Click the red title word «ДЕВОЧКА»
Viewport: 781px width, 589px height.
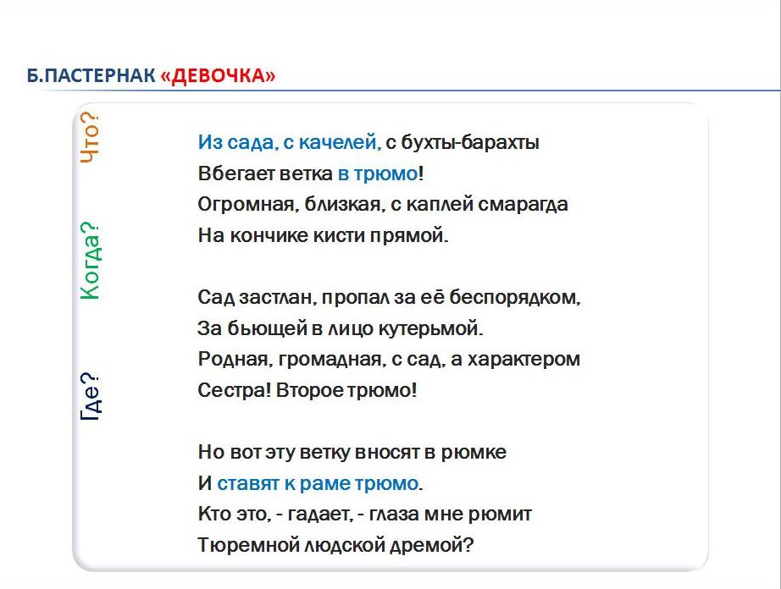tap(218, 75)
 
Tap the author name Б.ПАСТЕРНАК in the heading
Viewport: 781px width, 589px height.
tap(91, 75)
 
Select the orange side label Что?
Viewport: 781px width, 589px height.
tap(90, 137)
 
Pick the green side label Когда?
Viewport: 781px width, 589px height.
tap(90, 261)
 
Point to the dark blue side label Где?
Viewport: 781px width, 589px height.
tap(90, 396)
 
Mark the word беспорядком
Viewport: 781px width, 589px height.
tap(515, 298)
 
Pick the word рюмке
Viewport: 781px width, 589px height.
tap(474, 452)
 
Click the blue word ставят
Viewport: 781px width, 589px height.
tap(248, 483)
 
